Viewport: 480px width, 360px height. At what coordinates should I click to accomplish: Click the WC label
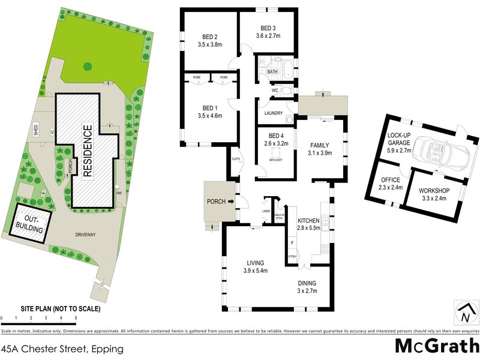275,91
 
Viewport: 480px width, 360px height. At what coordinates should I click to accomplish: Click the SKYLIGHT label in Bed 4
275,160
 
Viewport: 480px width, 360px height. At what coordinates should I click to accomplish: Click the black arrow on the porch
230,202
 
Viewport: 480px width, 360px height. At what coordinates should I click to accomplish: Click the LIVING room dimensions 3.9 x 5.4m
259,271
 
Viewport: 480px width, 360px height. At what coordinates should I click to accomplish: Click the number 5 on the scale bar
76,317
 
